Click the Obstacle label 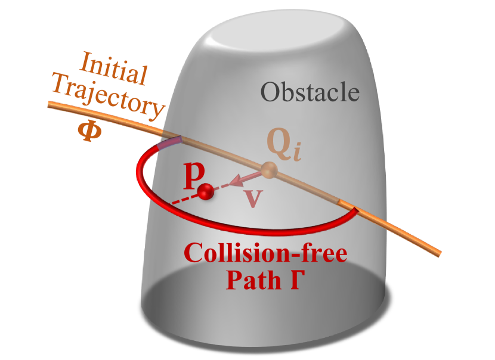tap(310, 92)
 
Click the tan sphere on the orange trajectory tap(270, 171)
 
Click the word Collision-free tap(266, 255)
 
